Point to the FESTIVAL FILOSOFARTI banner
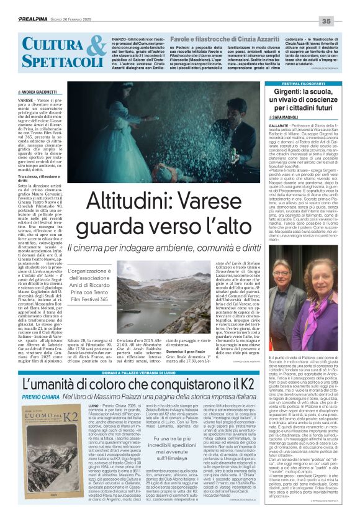point(299,83)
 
